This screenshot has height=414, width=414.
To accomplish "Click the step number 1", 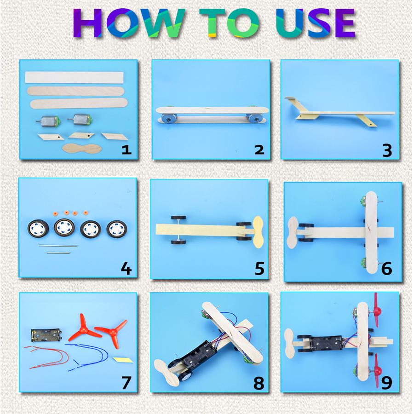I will click(x=126, y=149).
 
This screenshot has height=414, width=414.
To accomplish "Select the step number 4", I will click(x=125, y=268).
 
